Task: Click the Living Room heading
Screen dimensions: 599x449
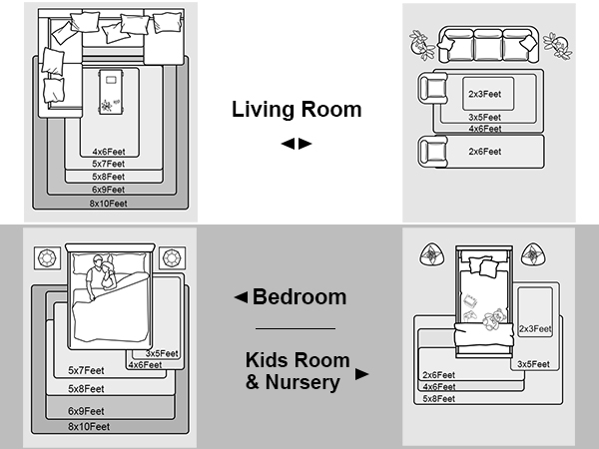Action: point(297,109)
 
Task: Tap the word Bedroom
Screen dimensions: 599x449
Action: point(299,296)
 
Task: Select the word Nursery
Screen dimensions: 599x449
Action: point(302,382)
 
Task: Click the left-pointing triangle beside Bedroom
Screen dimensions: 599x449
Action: point(241,297)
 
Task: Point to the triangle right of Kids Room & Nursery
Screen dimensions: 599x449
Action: point(361,374)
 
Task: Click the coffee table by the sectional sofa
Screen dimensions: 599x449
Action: point(111,92)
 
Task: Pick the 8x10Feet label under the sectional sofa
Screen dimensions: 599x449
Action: point(109,204)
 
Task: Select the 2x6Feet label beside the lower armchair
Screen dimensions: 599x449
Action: point(485,152)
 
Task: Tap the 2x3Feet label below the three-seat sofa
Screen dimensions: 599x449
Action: point(485,94)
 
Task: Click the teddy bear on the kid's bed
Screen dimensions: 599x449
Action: point(494,319)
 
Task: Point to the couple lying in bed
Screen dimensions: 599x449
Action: point(101,276)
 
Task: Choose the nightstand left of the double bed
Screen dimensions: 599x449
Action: point(47,258)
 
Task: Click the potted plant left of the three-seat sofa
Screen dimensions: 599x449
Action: point(421,45)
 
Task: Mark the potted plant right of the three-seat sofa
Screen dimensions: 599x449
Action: point(558,45)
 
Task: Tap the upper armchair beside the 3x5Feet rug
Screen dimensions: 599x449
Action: point(433,89)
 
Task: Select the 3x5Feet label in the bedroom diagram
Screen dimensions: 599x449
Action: point(162,353)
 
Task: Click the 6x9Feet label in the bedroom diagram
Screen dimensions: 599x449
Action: point(86,411)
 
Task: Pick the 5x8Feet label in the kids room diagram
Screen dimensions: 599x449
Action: point(439,399)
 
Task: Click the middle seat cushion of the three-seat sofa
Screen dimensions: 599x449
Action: point(488,46)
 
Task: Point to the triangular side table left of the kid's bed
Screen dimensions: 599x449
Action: point(432,254)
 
